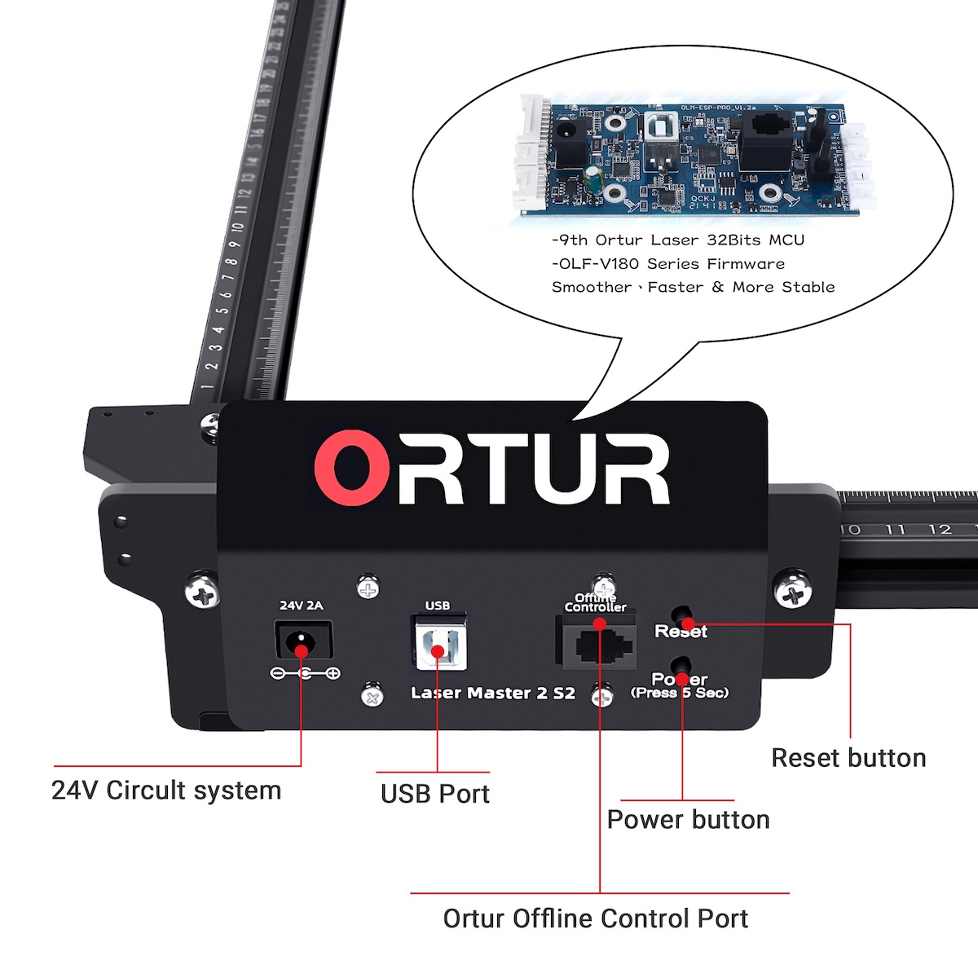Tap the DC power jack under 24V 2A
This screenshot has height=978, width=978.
[x=303, y=641]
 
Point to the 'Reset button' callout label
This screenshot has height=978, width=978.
[x=848, y=758]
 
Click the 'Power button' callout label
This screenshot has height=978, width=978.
[x=688, y=819]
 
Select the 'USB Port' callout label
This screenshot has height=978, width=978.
[x=434, y=794]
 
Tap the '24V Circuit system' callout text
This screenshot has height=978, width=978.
[x=166, y=791]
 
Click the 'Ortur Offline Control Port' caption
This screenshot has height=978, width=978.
[x=595, y=919]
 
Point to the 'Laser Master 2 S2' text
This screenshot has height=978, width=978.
[x=492, y=694]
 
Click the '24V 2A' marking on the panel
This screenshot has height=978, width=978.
[x=302, y=606]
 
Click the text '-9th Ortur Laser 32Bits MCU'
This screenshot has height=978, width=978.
[x=678, y=240]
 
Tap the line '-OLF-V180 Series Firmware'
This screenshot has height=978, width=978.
[x=668, y=264]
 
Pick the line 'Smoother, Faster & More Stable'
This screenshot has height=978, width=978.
[x=693, y=288]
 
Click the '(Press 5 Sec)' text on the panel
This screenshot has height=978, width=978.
[x=680, y=694]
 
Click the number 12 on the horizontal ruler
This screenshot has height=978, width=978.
[x=940, y=530]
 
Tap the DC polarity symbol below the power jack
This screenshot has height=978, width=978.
[x=305, y=673]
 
